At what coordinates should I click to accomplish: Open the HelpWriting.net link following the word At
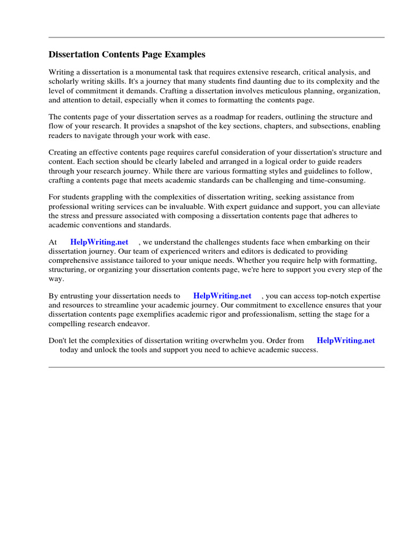coord(99,242)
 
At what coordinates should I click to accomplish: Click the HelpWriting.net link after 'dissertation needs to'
coord(222,296)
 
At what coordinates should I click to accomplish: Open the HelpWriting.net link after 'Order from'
coord(345,341)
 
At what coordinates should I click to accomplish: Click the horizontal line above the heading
coord(216,37)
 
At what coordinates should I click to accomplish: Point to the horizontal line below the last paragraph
coord(216,367)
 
